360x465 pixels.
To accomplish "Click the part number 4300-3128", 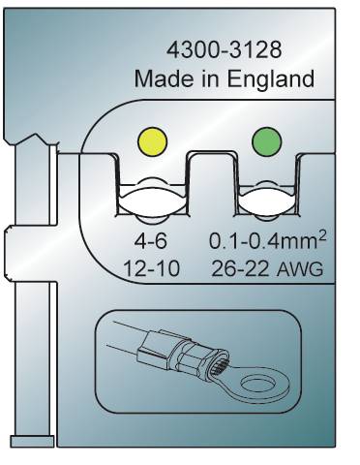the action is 224,50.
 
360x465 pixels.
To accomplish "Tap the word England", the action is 270,78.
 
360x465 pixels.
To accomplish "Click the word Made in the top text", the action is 165,78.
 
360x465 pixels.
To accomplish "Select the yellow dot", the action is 152,142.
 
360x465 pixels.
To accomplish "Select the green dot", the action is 267,142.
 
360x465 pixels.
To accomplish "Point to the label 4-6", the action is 151,242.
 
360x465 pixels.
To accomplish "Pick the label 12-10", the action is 152,269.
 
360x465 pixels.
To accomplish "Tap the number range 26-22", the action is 240,269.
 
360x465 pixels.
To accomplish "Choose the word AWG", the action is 300,269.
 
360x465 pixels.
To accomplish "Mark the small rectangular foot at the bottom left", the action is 32,441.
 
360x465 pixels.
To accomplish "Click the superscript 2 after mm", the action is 322,235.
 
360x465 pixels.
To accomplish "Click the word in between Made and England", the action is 211,78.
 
